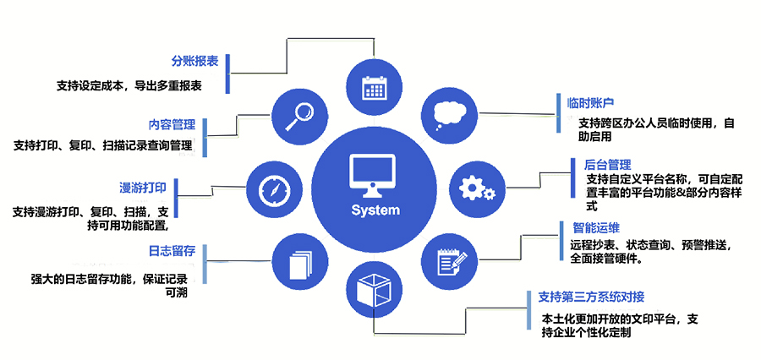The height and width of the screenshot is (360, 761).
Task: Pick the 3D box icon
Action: (373, 290)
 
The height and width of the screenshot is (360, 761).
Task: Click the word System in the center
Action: (375, 210)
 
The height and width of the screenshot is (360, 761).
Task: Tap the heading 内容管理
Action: (172, 124)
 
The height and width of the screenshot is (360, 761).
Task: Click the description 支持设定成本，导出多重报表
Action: (129, 85)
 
